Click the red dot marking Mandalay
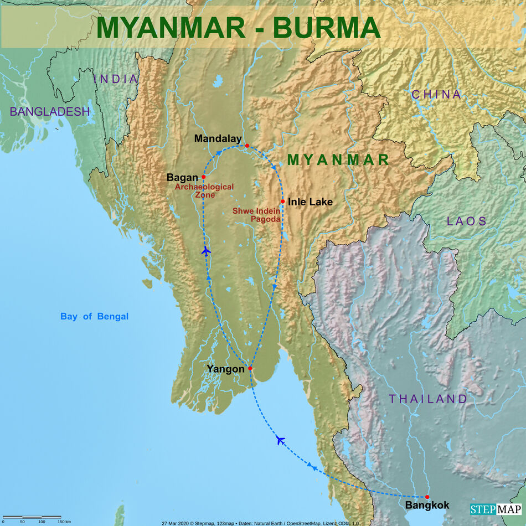247,146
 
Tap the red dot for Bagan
204,177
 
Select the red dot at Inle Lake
282,202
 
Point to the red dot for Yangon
250,368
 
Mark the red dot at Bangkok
427,497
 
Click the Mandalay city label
218,139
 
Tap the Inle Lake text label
310,202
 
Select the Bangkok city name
427,506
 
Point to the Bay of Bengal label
94,317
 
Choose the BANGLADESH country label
50,112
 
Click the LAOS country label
467,221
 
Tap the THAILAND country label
428,399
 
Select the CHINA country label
436,95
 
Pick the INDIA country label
116,79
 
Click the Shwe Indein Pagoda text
256,215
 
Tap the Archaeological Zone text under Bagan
204,191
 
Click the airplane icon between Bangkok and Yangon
281,440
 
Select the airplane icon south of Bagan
206,251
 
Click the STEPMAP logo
496,509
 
